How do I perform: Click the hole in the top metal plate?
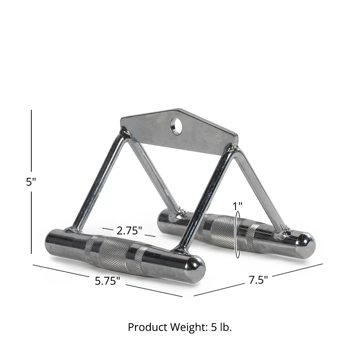(176, 126)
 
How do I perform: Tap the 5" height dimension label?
(31, 182)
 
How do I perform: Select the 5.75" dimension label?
(107, 281)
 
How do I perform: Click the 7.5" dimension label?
(258, 280)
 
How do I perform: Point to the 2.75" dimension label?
(129, 230)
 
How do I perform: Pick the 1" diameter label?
(238, 206)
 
